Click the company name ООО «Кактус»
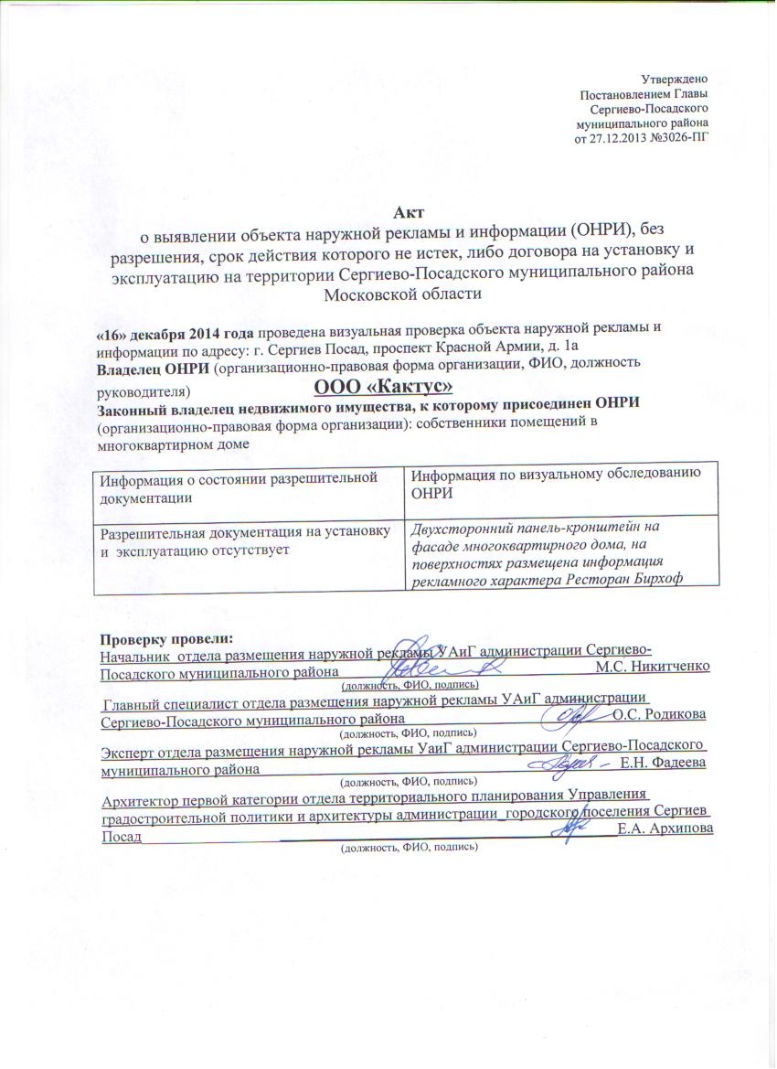[385, 388]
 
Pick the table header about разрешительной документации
[239, 486]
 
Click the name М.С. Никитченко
[652, 666]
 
